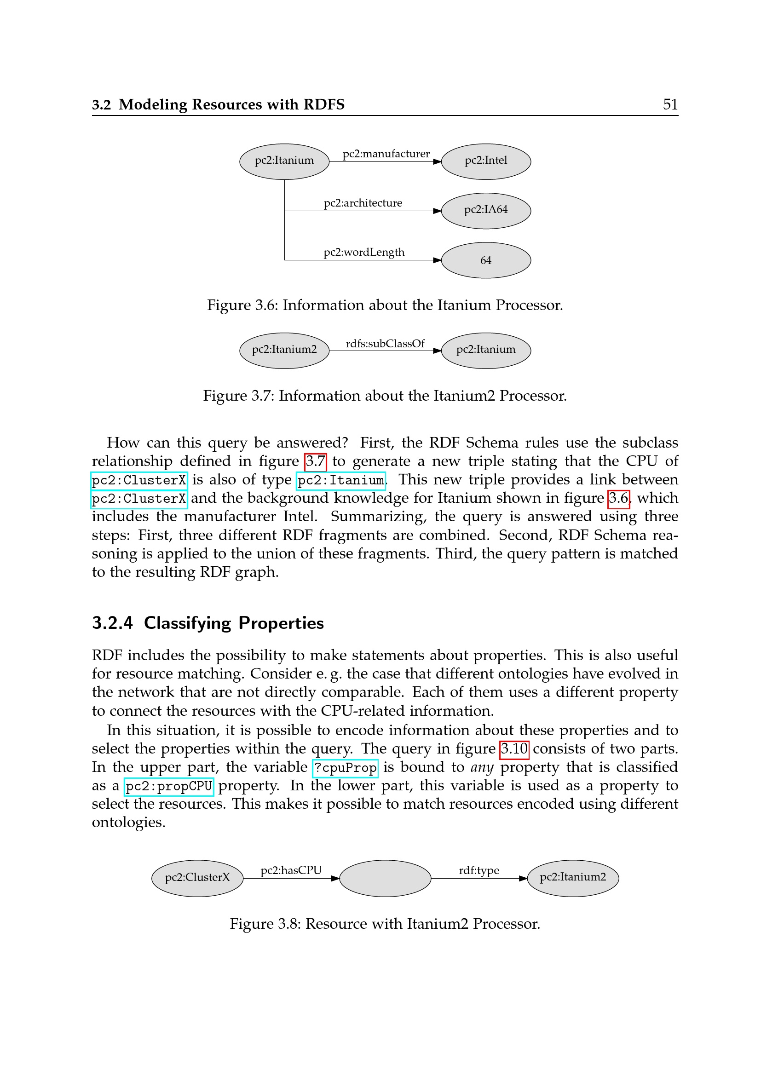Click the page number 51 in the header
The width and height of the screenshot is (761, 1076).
(670, 104)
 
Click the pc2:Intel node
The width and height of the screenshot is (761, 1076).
(485, 161)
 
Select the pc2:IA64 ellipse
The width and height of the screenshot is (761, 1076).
(485, 210)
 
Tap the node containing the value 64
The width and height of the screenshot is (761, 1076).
(485, 260)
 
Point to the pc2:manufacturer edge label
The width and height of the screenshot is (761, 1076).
(386, 154)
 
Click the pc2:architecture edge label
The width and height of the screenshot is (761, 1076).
(363, 203)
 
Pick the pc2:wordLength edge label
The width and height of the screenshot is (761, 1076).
(363, 252)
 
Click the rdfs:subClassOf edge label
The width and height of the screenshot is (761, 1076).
(385, 344)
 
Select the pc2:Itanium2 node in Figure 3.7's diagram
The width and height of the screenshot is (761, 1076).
(284, 350)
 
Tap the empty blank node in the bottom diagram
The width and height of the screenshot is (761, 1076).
(385, 878)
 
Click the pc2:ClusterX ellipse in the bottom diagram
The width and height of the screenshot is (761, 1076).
(197, 878)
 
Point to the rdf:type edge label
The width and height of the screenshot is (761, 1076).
(479, 870)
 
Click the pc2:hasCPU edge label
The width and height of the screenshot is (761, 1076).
(291, 870)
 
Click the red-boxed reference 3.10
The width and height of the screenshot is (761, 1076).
(514, 749)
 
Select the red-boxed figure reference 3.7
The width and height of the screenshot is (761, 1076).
(315, 461)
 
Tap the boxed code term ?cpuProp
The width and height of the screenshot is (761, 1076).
(345, 768)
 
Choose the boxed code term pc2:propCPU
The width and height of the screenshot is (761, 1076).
(169, 786)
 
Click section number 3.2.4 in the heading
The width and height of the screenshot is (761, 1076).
(112, 623)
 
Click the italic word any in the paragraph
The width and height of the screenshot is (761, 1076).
(482, 767)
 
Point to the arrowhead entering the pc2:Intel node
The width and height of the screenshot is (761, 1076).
(437, 161)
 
